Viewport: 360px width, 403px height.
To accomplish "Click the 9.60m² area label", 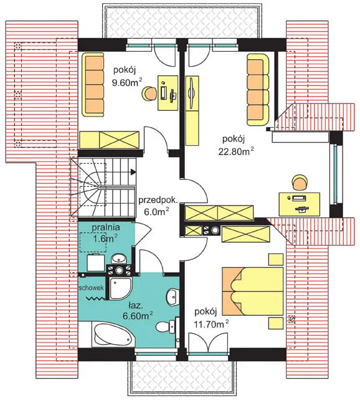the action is [x=126, y=82].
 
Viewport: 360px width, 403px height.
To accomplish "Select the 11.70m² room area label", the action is [x=211, y=324].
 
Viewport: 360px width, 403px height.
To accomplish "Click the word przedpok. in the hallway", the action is [x=158, y=200].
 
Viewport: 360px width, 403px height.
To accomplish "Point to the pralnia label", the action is [x=106, y=227].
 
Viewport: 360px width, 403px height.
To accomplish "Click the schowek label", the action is [x=91, y=288].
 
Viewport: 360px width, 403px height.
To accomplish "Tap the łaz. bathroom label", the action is [x=136, y=306].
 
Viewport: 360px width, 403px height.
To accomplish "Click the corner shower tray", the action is [x=121, y=288].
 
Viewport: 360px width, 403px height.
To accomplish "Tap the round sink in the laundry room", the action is [x=119, y=258].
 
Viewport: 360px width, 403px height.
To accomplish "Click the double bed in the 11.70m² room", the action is [x=253, y=291].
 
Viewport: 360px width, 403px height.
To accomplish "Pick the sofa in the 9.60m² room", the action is [x=93, y=85].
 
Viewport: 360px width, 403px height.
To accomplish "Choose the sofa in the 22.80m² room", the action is [x=258, y=90].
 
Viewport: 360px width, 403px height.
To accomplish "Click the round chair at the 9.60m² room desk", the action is [x=149, y=93].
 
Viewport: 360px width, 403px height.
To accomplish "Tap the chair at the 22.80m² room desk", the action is [x=300, y=183].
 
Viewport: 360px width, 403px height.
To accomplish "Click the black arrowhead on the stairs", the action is [x=133, y=172].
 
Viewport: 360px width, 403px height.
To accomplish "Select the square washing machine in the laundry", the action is [x=96, y=262].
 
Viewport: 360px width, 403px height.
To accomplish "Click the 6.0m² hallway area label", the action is [x=156, y=212].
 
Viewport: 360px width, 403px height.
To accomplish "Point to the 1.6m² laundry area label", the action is [x=106, y=239].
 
